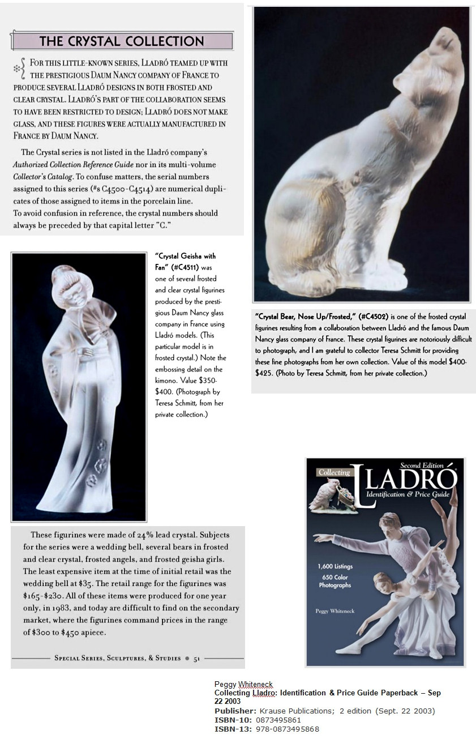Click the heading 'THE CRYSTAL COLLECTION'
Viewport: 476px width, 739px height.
122,41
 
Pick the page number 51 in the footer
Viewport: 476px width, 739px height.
197,658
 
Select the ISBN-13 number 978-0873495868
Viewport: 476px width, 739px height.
288,729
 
